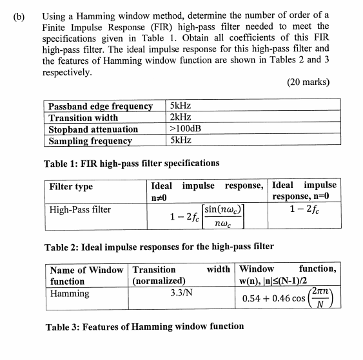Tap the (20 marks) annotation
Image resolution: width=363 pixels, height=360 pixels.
307,83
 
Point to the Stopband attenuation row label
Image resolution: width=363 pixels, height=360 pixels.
93,129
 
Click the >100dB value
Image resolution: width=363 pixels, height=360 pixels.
184,129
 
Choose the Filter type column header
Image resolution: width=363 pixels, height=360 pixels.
72,187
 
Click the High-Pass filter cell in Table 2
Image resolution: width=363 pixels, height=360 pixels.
81,210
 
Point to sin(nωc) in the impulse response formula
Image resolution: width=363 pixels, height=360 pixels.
224,210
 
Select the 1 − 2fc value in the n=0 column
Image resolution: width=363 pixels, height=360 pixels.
302,209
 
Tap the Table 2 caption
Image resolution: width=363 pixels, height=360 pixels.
158,247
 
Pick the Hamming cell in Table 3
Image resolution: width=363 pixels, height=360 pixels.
70,294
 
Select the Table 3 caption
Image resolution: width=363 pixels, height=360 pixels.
144,326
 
